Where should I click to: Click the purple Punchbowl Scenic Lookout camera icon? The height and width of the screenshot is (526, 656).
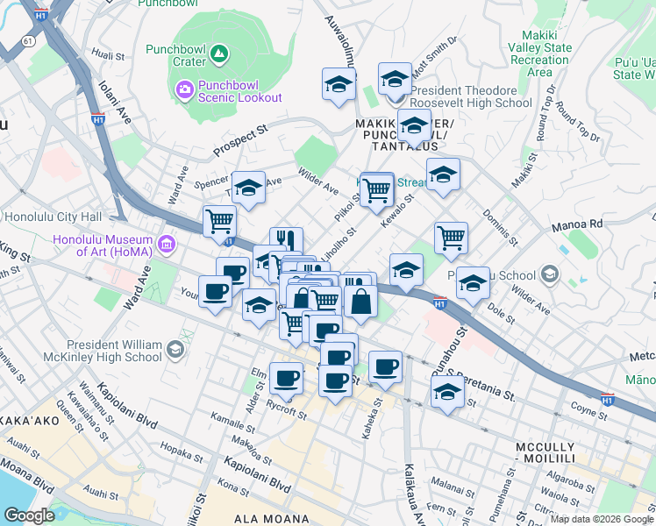click(x=185, y=89)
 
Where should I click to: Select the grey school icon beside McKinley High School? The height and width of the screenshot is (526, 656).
click(x=175, y=351)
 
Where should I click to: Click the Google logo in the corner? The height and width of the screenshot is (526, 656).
click(x=29, y=515)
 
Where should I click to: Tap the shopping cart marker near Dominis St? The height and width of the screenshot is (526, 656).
click(x=451, y=236)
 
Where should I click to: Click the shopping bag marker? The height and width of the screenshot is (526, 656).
click(x=360, y=302)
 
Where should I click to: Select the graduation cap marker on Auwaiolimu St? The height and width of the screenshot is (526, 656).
click(x=339, y=85)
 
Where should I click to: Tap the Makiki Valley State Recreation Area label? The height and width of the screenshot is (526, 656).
click(x=538, y=53)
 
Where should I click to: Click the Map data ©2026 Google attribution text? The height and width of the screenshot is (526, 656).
click(x=601, y=519)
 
